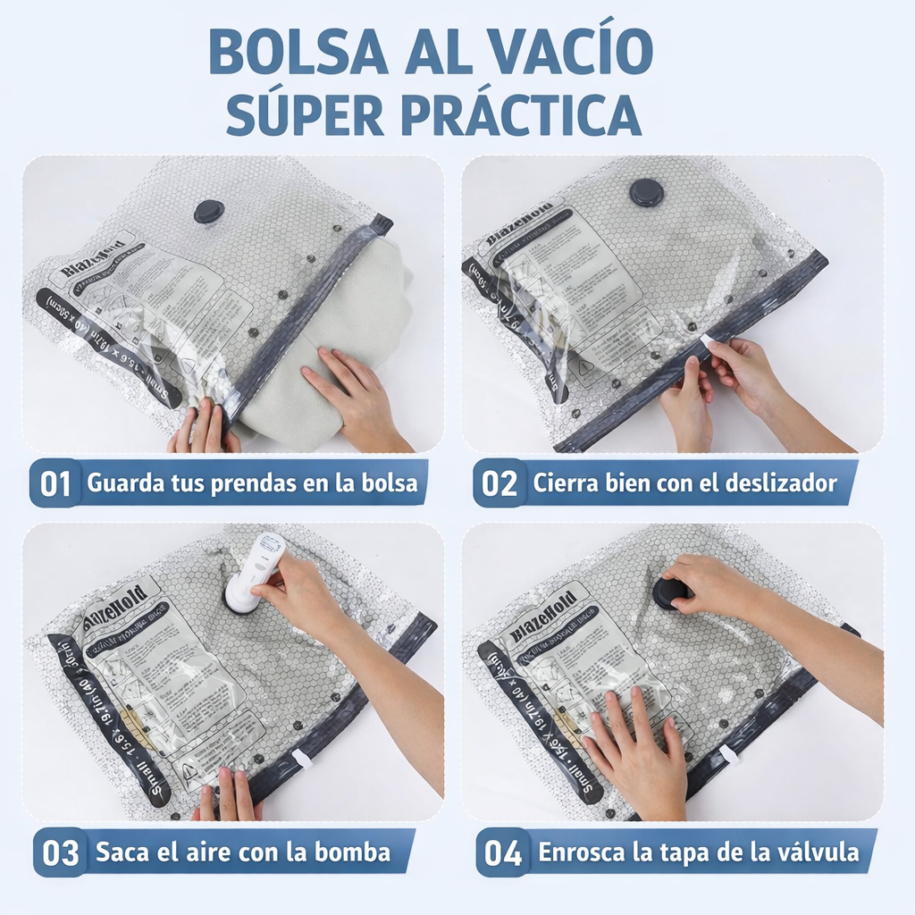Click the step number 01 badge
click(55, 483)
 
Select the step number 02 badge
click(499, 483)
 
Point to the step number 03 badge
click(61, 852)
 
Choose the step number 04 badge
click(503, 852)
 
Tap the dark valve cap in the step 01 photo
click(209, 212)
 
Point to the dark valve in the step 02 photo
click(646, 192)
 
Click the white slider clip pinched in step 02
click(709, 341)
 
